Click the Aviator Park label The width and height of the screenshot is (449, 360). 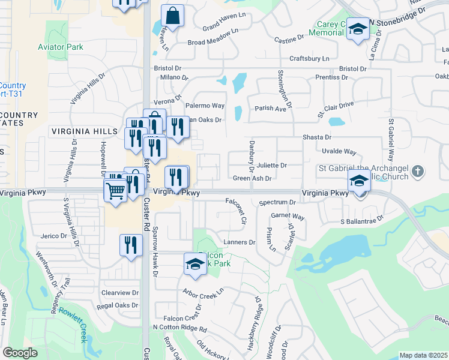point(61,47)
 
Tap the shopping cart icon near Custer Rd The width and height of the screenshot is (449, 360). point(115,191)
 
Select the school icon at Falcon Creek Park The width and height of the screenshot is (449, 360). point(195,265)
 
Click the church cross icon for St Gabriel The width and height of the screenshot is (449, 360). point(418,172)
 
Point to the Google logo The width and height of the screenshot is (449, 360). point(20,353)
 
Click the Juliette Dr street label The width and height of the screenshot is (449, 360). point(272,165)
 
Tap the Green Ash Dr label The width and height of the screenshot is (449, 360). point(253,178)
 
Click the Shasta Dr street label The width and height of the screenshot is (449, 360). point(318,138)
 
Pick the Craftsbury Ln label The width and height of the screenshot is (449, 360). point(309,58)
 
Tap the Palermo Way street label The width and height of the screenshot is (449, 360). point(205,106)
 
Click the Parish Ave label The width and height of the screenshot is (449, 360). point(270,109)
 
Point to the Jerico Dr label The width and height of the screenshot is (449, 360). point(46,236)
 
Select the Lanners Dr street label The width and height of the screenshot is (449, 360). point(240,242)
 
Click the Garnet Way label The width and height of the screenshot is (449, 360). point(288,216)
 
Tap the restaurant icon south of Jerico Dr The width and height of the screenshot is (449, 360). point(130,246)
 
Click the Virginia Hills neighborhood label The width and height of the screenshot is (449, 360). point(85,131)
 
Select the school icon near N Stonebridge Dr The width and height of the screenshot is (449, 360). point(358,30)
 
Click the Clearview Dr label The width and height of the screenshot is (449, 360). point(120,293)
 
